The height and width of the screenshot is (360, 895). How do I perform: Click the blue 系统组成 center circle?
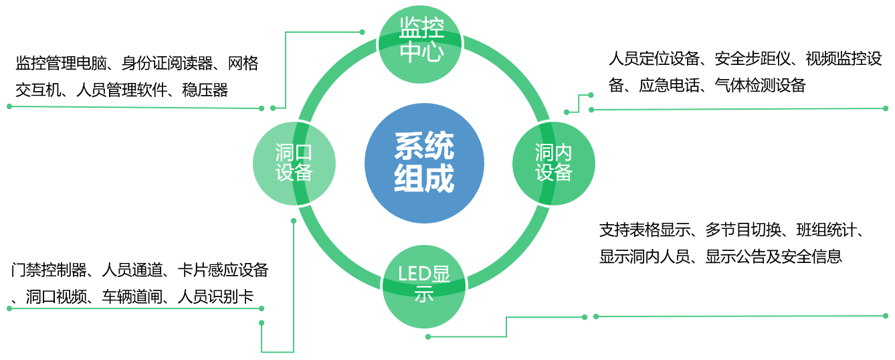424,163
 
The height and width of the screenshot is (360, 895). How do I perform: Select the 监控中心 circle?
421,41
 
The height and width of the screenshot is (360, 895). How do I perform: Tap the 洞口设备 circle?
294,163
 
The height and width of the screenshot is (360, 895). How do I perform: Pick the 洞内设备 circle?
553,163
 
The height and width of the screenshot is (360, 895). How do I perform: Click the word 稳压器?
205,90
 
